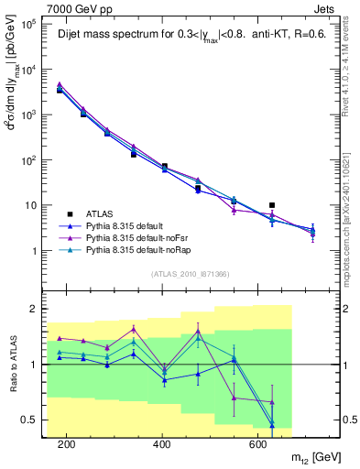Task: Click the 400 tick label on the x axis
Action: point(162,444)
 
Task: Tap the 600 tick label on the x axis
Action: point(257,444)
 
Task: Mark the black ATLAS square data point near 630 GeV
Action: point(271,205)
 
